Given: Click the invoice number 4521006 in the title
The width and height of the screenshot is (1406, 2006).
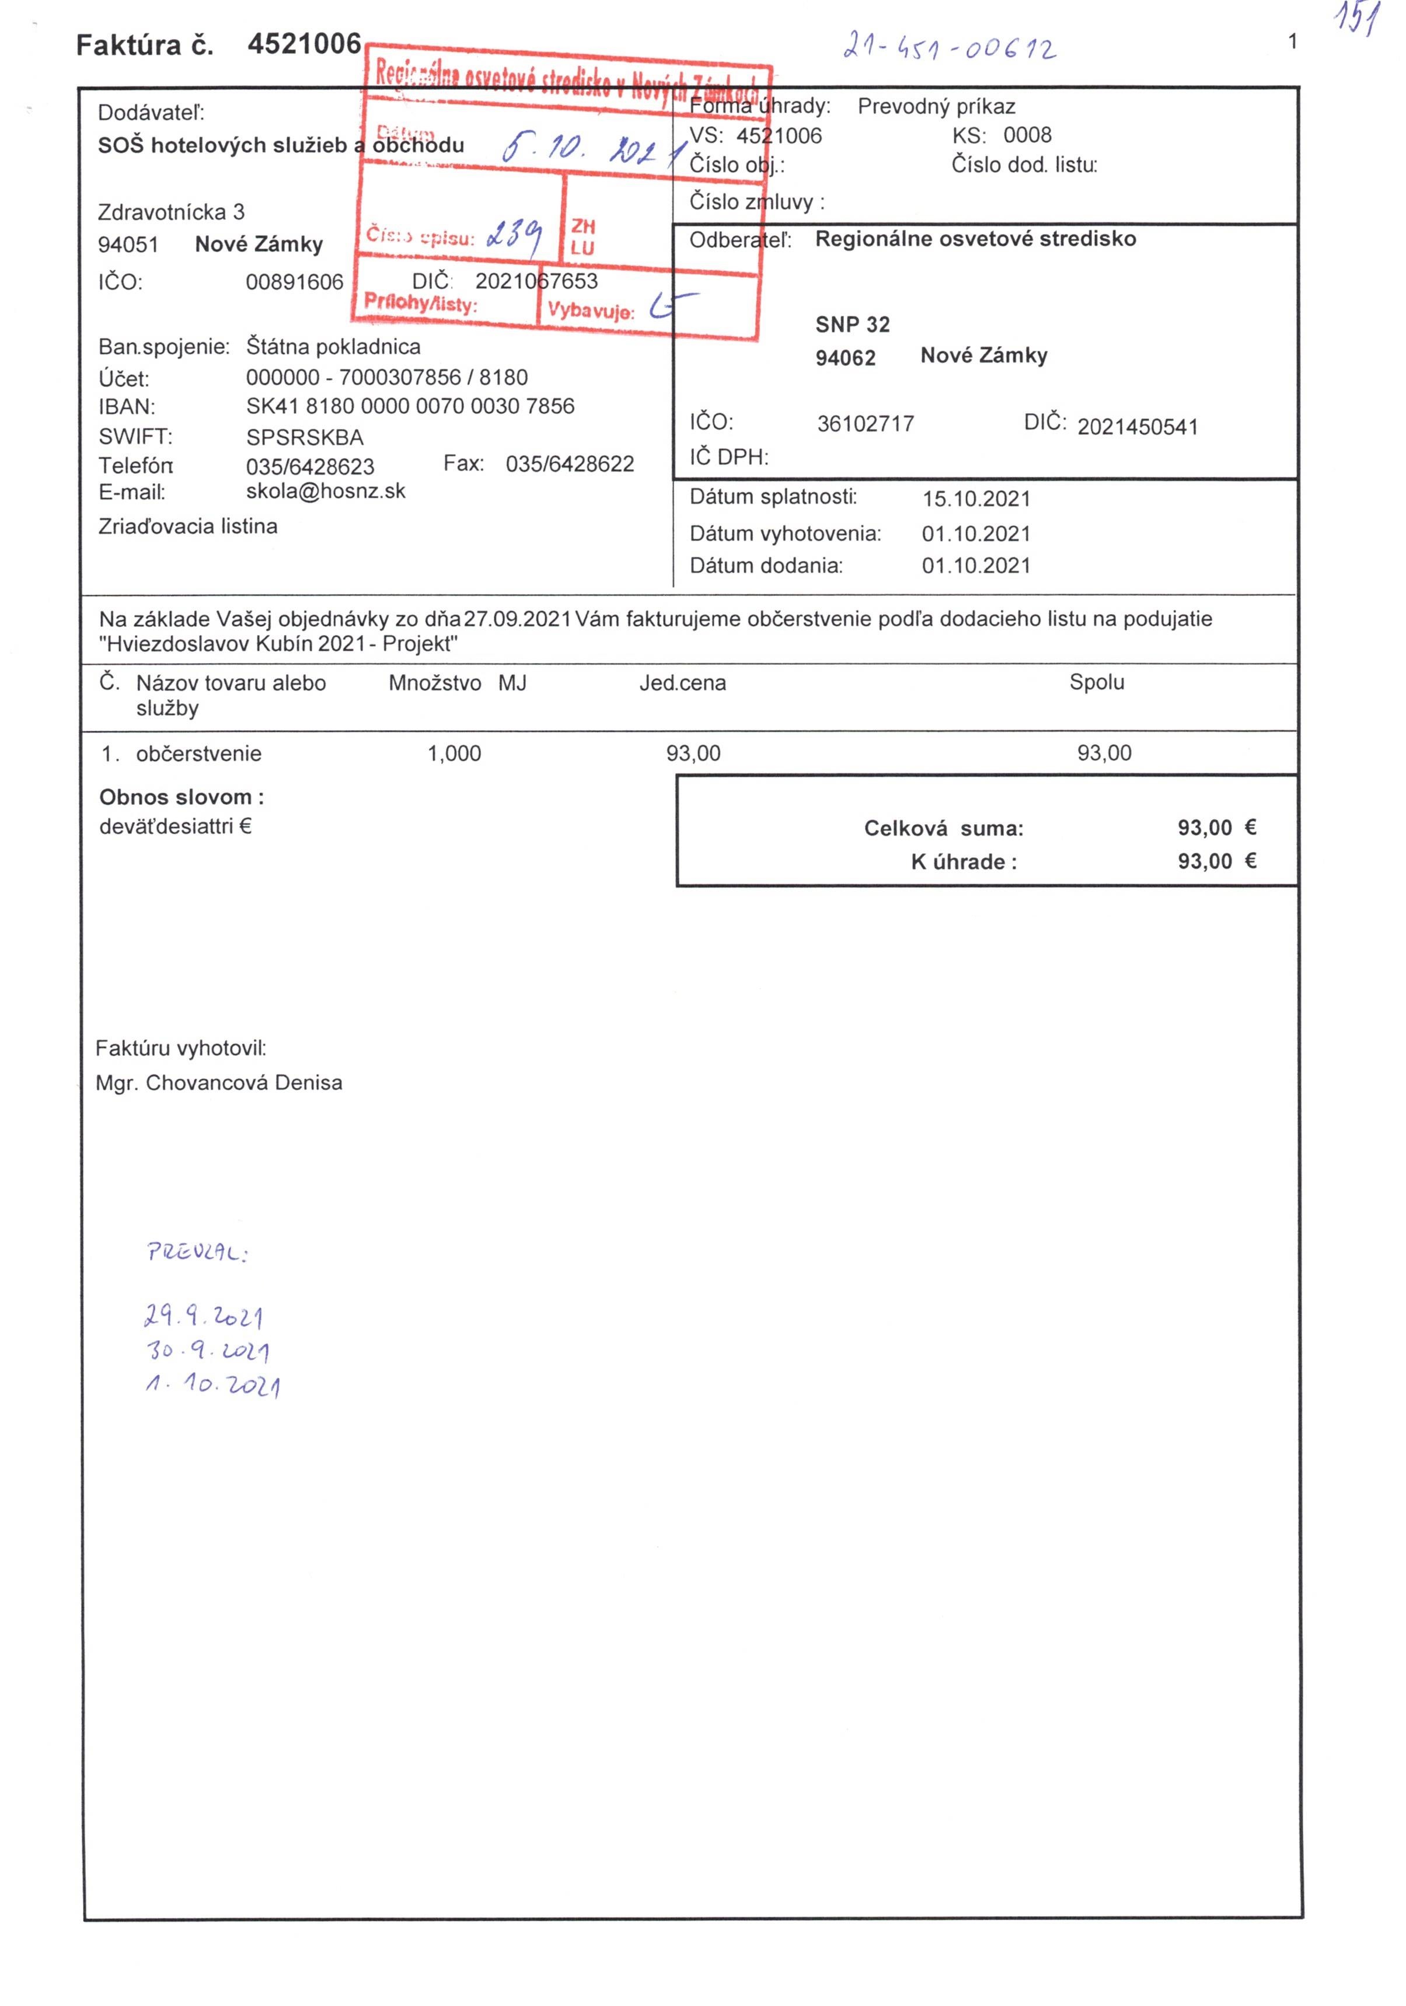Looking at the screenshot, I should (303, 44).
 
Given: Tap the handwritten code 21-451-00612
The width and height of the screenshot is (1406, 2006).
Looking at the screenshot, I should (949, 46).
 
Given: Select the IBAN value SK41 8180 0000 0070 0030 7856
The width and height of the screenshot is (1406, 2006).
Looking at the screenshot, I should (410, 406).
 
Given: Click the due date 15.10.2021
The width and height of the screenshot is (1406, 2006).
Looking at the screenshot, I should (976, 499).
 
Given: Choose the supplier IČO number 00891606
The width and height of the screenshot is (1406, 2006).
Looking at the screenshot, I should (295, 281).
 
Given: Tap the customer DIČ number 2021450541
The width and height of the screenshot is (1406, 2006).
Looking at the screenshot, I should (1137, 427).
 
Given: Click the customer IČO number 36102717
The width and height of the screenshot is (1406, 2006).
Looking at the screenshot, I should (865, 424).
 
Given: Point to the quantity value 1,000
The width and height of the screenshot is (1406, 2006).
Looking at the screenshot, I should (453, 753).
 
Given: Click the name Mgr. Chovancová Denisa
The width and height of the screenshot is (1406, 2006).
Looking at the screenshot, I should (218, 1083).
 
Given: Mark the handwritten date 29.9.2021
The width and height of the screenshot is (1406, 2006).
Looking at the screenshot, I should (204, 1316).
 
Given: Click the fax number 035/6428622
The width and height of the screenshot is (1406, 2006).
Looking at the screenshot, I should (570, 464).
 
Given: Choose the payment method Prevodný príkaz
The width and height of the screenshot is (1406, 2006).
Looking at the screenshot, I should (936, 107).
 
